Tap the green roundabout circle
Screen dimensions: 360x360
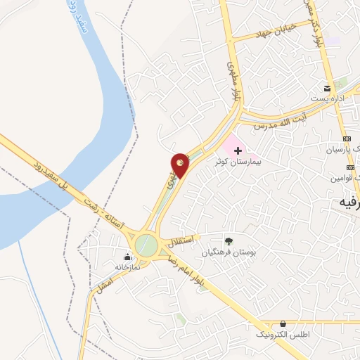click(146, 245)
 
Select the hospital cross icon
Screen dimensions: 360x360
click(238, 150)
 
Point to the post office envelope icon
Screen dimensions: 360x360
click(327, 88)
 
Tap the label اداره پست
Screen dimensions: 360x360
click(328, 98)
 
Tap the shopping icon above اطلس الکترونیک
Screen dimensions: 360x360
click(283, 324)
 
